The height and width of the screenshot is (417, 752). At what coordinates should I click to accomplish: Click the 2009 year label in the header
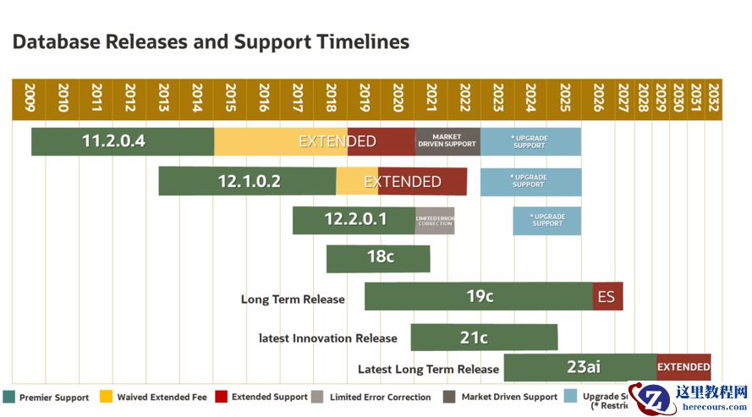pos(30,97)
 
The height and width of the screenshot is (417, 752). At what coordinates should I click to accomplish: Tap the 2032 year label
pos(714,97)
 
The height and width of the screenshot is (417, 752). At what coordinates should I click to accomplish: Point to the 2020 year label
pos(398,97)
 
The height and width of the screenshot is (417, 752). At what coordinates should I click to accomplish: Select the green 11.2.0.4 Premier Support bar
pos(122,141)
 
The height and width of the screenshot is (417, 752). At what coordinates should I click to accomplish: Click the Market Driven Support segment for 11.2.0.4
pos(447,141)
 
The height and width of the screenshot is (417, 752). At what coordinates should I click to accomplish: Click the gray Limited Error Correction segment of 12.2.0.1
pos(435,221)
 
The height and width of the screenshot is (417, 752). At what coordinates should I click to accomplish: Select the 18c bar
pos(378,257)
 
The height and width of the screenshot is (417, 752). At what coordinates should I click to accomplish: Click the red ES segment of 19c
pos(607,297)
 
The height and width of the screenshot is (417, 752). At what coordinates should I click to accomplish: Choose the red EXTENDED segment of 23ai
pos(683,367)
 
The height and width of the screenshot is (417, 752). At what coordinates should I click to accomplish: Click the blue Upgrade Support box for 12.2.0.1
pos(547,220)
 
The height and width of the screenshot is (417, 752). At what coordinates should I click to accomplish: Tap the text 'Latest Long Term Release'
pos(428,369)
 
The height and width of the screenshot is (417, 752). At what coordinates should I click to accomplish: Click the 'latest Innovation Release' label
pos(328,338)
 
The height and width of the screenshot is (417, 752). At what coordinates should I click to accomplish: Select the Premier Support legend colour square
pos(10,397)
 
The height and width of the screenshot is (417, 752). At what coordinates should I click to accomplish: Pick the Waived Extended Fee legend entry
pos(152,397)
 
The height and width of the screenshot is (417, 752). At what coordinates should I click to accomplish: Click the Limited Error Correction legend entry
pos(371,397)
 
